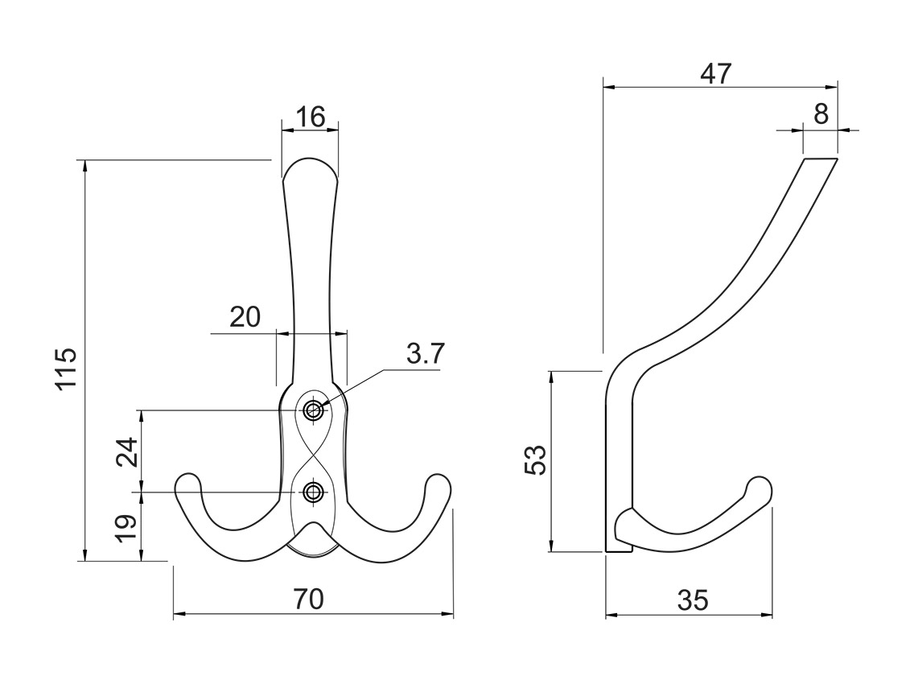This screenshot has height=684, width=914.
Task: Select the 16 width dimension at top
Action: (x=309, y=117)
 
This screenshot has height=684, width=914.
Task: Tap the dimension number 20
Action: (x=245, y=317)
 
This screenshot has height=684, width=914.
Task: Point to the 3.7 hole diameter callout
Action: (x=423, y=354)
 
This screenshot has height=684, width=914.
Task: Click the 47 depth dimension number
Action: (x=715, y=74)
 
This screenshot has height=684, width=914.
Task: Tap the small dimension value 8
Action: (x=821, y=114)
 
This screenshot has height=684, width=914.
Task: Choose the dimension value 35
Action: (x=692, y=600)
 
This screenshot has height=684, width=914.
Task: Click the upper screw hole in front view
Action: (x=313, y=410)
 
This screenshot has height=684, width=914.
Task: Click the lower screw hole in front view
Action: (x=313, y=492)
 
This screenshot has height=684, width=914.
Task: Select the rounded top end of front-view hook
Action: (x=309, y=164)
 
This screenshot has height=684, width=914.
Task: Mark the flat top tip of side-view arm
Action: (x=821, y=161)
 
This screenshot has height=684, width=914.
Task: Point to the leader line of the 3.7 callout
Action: (x=354, y=387)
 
